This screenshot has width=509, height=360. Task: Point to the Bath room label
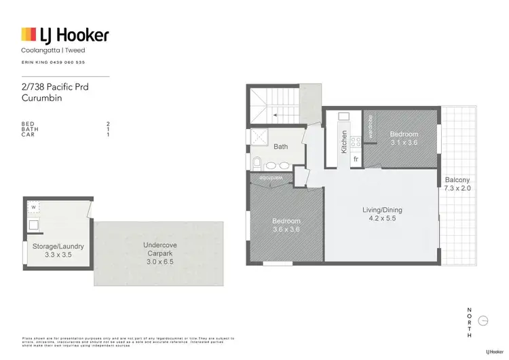[280, 147]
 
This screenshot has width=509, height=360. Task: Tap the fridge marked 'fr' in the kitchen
[355, 159]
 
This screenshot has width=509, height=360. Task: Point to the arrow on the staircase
[275, 116]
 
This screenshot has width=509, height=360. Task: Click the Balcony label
[457, 180]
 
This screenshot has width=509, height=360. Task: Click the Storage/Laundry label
[58, 246]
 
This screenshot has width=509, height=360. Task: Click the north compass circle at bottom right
[483, 321]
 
